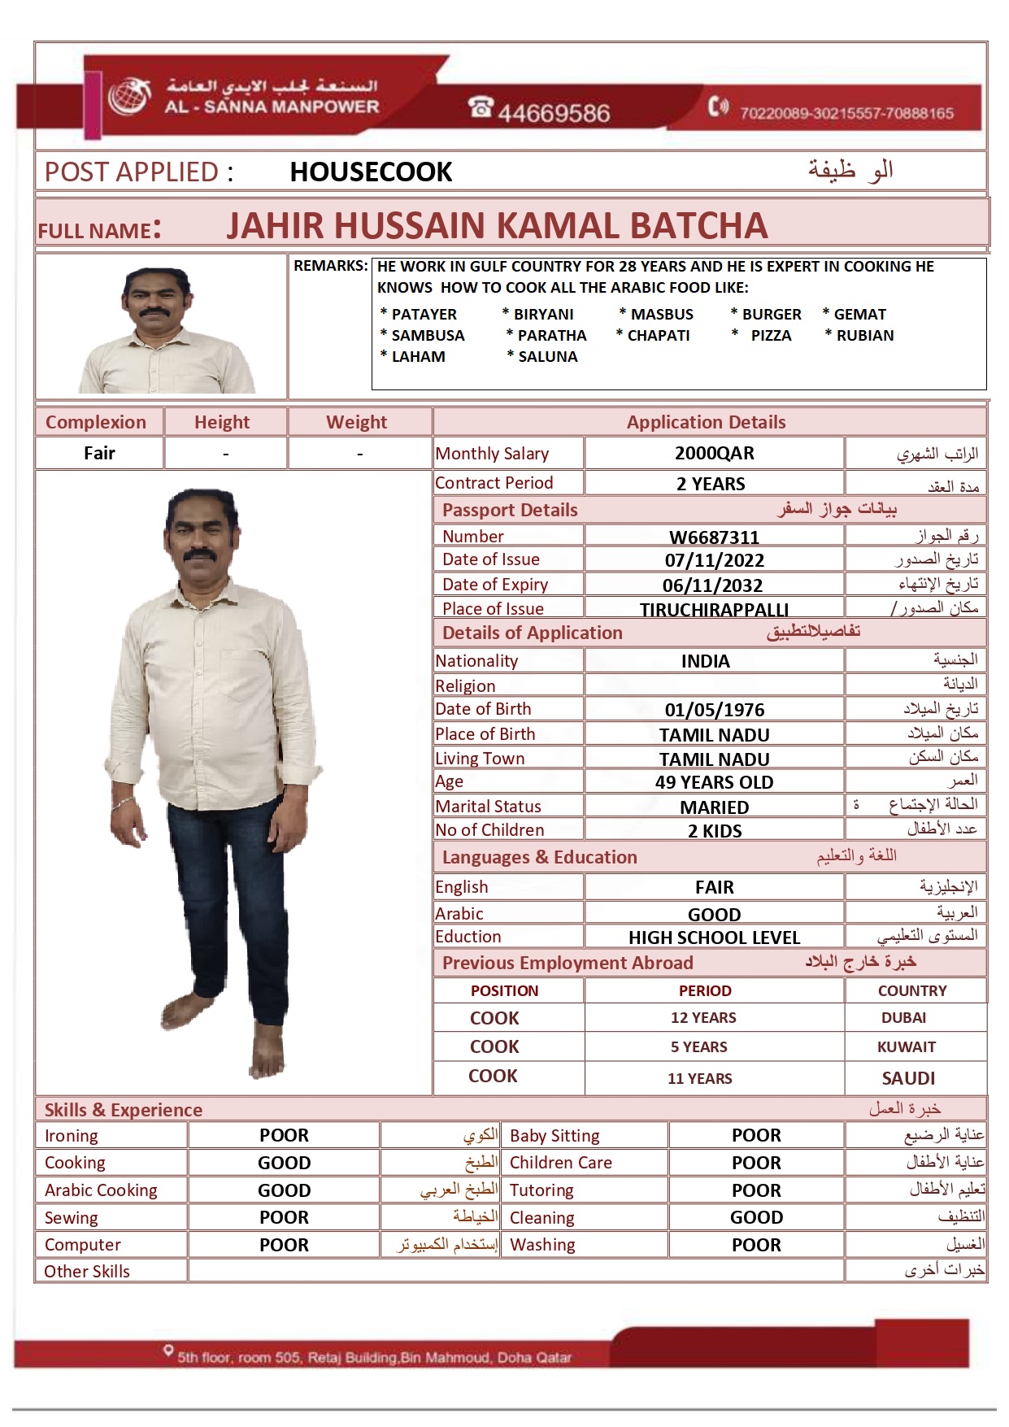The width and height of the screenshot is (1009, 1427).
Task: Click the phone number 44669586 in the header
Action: (x=553, y=112)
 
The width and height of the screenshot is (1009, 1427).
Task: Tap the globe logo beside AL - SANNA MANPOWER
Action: (x=130, y=97)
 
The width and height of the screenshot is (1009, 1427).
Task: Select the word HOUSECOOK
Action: (x=371, y=172)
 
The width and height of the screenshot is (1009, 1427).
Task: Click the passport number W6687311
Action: (x=714, y=537)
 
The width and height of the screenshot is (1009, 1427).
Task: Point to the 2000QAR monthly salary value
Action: (x=714, y=453)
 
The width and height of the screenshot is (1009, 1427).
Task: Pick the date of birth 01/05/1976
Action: (x=714, y=710)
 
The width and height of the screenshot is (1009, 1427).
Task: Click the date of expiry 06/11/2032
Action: (x=712, y=585)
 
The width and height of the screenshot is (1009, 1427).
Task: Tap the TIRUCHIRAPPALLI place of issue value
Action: (x=714, y=610)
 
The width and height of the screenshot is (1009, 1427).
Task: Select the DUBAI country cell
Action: (x=903, y=1018)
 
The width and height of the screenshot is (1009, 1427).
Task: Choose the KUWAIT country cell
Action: (x=906, y=1047)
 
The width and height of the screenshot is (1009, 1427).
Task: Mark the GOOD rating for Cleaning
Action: (x=756, y=1217)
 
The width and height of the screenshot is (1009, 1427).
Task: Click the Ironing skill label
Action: (x=72, y=1136)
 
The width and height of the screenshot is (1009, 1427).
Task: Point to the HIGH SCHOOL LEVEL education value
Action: (x=714, y=938)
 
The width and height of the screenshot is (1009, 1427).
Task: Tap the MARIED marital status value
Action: (x=714, y=807)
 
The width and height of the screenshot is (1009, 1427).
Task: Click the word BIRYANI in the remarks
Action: (x=543, y=314)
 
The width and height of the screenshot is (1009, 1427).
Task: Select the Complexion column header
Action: (x=96, y=422)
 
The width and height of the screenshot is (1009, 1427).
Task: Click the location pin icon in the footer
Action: (x=168, y=1351)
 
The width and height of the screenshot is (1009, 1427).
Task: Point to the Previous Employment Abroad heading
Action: (x=568, y=963)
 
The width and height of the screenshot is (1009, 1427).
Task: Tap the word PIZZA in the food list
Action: (x=771, y=335)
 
